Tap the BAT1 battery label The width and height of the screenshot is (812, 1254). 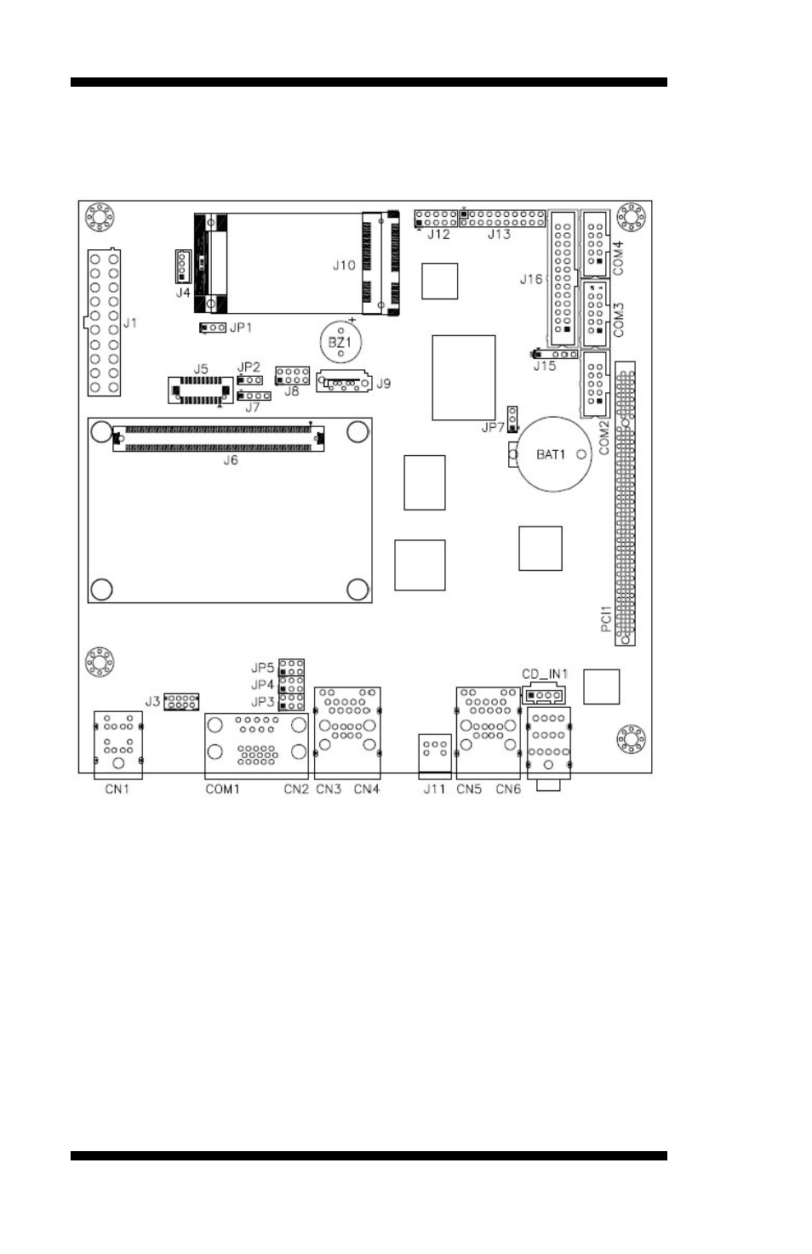click(551, 454)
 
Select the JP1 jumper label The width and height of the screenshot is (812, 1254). click(241, 328)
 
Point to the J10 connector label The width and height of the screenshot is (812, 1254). click(344, 265)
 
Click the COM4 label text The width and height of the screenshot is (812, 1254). click(618, 258)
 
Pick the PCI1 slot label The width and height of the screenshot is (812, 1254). click(605, 618)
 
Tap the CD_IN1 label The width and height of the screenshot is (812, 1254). click(545, 674)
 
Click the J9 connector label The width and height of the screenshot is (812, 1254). click(384, 384)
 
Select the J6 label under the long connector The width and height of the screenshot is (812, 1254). click(231, 460)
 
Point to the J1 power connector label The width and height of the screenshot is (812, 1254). click(129, 323)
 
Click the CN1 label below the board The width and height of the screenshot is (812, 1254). click(117, 789)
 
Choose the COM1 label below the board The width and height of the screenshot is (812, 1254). click(222, 789)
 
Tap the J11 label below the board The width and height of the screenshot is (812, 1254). click(434, 789)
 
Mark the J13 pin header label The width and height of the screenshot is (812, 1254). click(499, 235)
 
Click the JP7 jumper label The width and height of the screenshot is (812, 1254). click(494, 428)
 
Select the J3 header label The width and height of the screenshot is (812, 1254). click(152, 701)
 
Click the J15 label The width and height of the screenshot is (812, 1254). click(545, 366)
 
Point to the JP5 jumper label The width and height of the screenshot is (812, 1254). click(262, 668)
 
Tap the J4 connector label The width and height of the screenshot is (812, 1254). click(183, 292)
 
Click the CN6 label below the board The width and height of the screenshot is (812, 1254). click(508, 789)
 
